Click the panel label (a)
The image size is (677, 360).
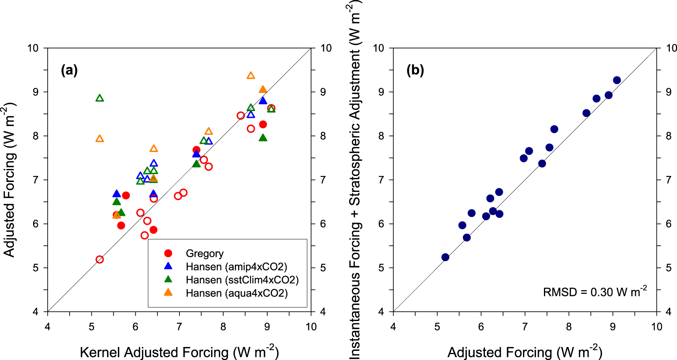(x=69, y=71)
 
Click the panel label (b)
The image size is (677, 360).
(x=415, y=71)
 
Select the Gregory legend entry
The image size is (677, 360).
(x=205, y=253)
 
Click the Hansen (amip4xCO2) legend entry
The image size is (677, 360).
(x=236, y=267)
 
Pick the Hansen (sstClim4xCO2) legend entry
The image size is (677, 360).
(x=242, y=280)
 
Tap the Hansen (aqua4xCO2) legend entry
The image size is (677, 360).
(x=237, y=293)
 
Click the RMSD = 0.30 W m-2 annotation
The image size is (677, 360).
(x=595, y=291)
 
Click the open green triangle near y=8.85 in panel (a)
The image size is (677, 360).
(x=100, y=98)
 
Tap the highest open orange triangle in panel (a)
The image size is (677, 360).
(x=251, y=76)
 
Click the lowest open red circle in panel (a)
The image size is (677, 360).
(x=100, y=260)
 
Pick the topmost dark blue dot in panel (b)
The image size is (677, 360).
(x=617, y=80)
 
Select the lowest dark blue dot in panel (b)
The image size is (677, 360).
(x=445, y=257)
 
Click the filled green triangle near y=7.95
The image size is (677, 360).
(x=263, y=138)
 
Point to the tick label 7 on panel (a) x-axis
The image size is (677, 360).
(x=179, y=327)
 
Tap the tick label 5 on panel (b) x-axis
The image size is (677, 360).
(x=437, y=327)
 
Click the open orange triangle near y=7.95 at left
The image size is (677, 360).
(x=100, y=139)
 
